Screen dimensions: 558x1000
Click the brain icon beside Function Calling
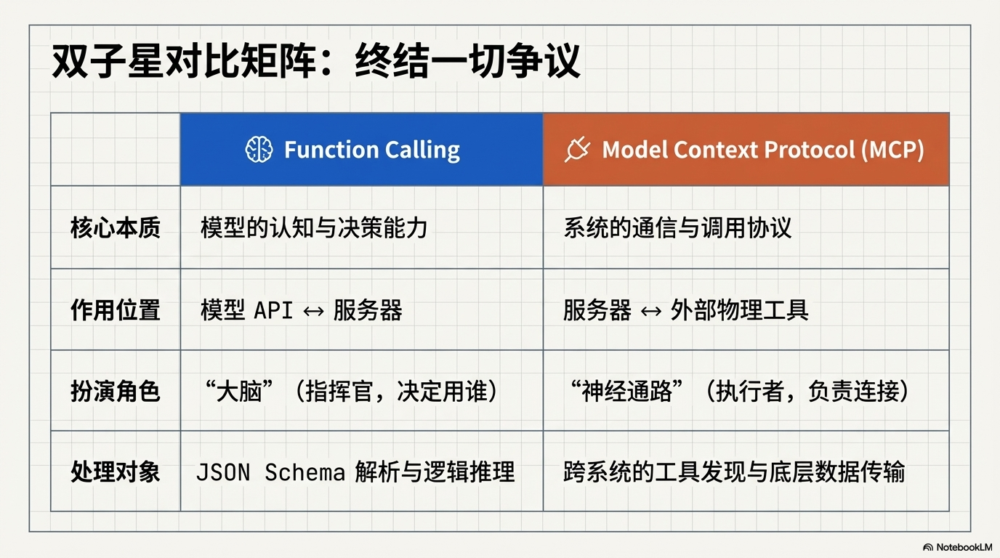(259, 150)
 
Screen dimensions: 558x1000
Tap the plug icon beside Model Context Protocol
(577, 150)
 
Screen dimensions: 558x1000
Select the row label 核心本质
(115, 228)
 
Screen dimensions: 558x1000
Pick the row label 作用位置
(115, 310)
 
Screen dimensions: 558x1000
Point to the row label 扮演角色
(115, 392)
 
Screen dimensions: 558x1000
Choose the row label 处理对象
(115, 472)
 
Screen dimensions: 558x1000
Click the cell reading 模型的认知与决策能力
(314, 228)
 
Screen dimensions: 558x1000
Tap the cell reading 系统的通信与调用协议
(677, 228)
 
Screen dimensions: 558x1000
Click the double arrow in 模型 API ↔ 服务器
(313, 311)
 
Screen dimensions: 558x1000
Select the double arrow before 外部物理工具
(650, 311)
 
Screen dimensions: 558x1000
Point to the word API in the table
(273, 311)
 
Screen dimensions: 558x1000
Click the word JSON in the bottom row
(223, 473)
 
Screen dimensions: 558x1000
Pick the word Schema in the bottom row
(305, 473)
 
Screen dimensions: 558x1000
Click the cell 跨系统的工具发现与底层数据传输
(734, 472)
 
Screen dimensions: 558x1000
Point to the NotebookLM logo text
(963, 546)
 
